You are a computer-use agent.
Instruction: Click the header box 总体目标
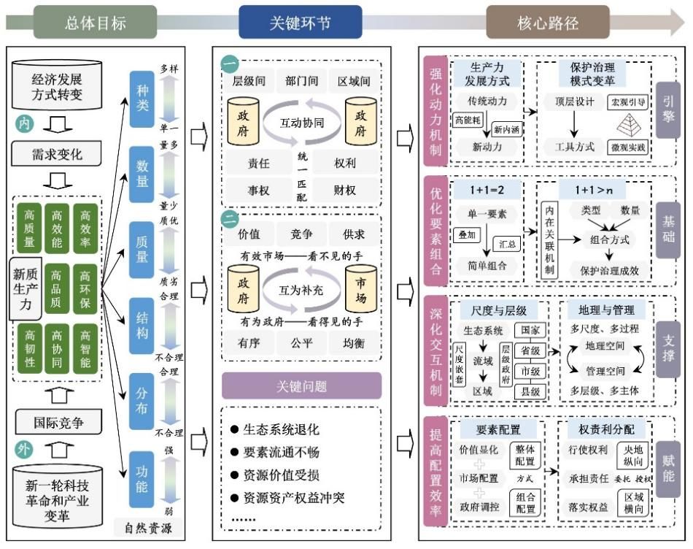click(95, 23)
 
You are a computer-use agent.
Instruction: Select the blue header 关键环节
click(300, 23)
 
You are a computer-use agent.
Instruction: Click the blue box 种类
click(143, 95)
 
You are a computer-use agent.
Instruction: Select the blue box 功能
click(143, 477)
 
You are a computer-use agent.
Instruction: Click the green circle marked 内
click(24, 124)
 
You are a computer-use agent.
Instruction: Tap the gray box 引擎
click(667, 110)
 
